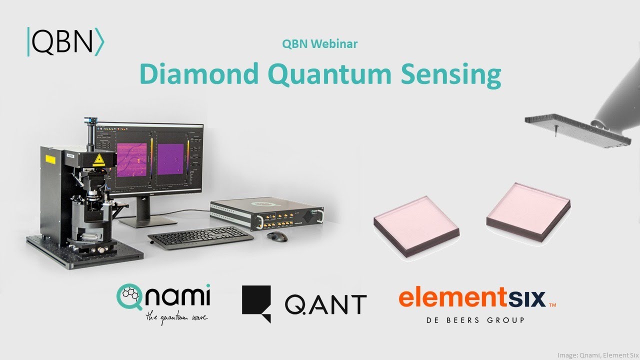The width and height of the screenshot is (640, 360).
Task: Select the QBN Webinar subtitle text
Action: click(319, 44)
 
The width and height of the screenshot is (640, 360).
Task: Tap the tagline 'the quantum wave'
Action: click(176, 316)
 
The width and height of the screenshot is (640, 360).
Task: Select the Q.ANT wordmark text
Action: click(325, 304)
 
